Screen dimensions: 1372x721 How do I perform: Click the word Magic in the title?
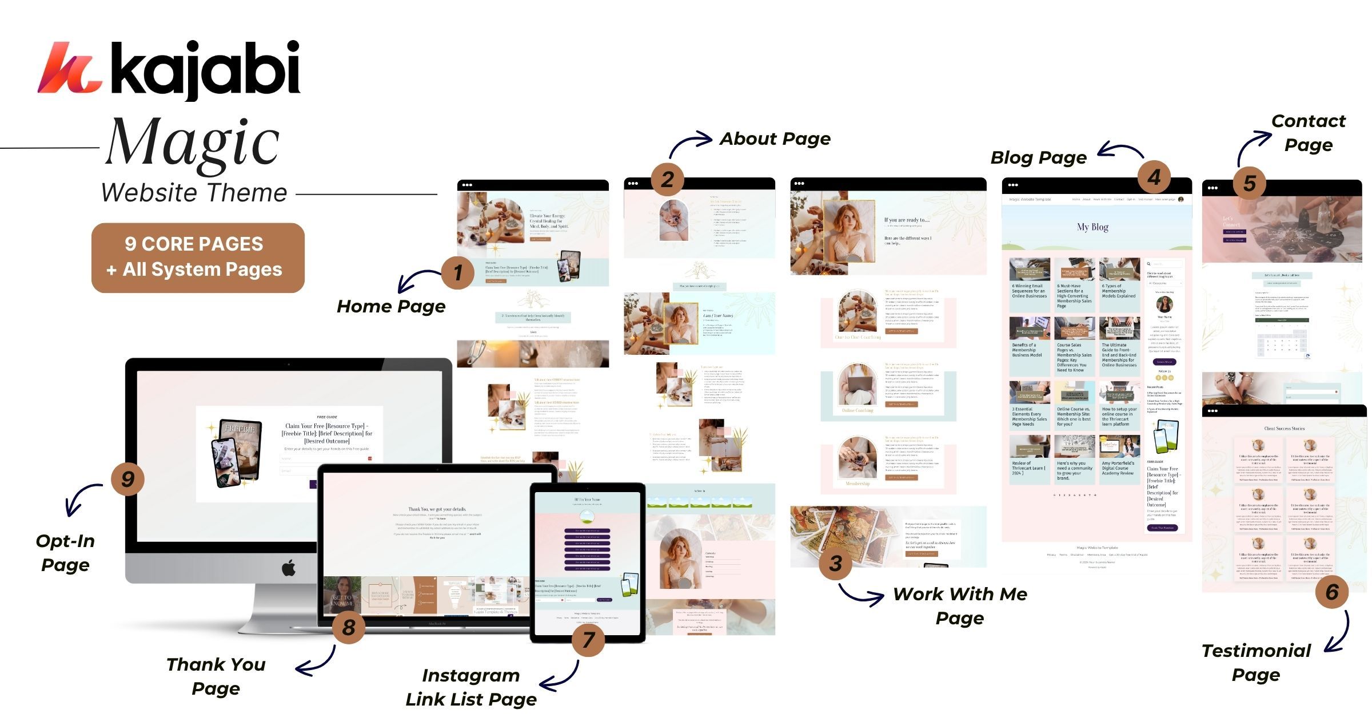pyautogui.click(x=193, y=143)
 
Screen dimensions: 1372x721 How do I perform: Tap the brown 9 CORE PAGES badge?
pyautogui.click(x=198, y=257)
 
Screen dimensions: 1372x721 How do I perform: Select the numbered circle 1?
pyautogui.click(x=457, y=272)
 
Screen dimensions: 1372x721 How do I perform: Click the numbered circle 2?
pyautogui.click(x=667, y=179)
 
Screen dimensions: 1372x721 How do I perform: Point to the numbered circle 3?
pyautogui.click(x=835, y=563)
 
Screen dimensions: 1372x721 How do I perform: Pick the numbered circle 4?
pyautogui.click(x=1154, y=177)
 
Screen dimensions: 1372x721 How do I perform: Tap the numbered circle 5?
pyautogui.click(x=1249, y=183)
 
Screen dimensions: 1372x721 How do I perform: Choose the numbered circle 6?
pyautogui.click(x=1331, y=592)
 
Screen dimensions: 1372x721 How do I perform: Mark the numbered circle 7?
pyautogui.click(x=588, y=639)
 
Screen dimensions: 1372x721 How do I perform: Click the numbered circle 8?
pyautogui.click(x=349, y=628)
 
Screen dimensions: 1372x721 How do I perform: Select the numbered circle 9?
pyautogui.click(x=127, y=478)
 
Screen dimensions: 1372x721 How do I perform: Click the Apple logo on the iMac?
pyautogui.click(x=289, y=568)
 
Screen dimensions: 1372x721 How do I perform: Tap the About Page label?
pyautogui.click(x=775, y=138)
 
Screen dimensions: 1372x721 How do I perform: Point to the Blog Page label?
pyautogui.click(x=1038, y=157)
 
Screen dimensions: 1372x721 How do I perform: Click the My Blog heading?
pyautogui.click(x=1092, y=227)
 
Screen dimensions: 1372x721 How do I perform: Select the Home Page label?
pyautogui.click(x=391, y=306)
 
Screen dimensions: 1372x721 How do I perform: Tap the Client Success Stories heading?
pyautogui.click(x=1284, y=429)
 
